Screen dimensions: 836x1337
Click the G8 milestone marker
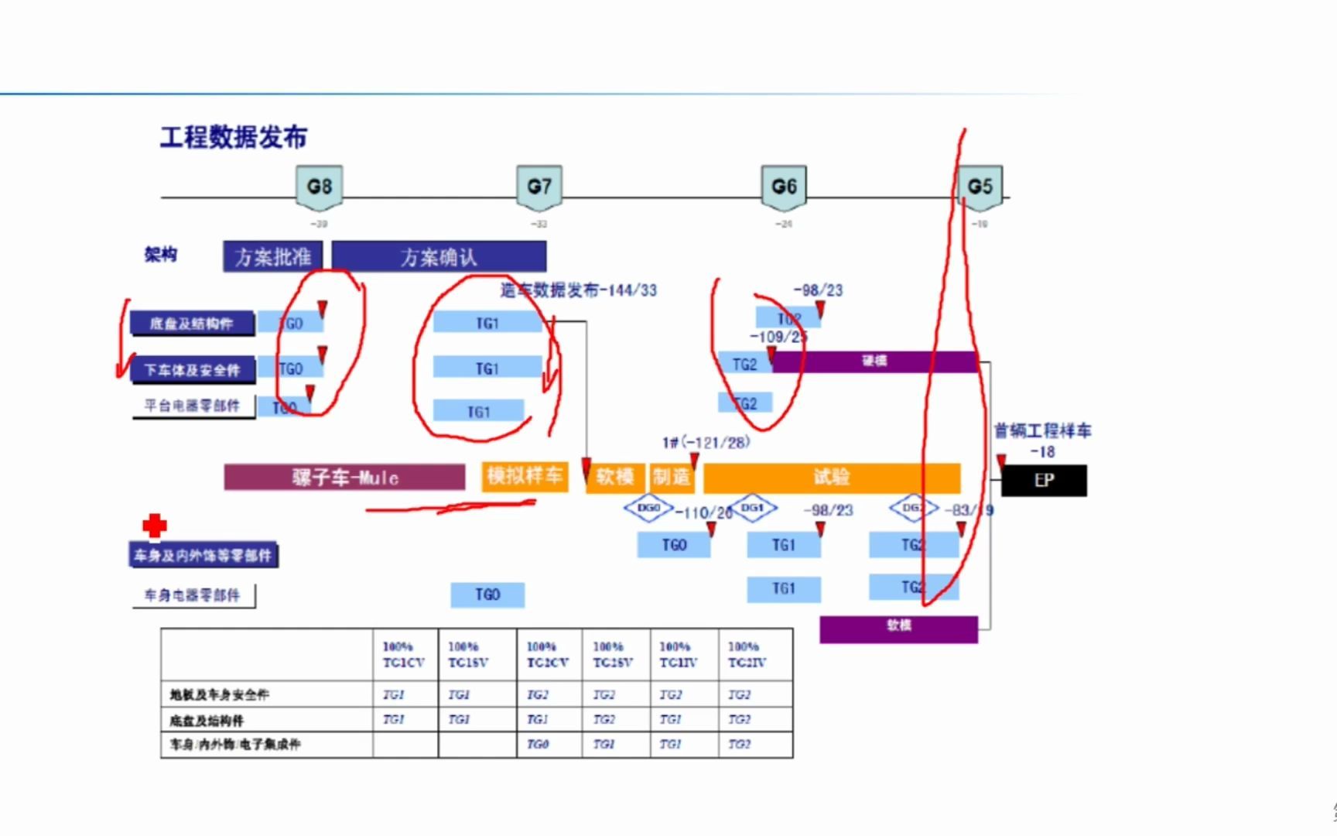319,187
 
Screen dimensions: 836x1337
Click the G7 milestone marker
539,187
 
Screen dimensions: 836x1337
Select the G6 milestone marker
784,187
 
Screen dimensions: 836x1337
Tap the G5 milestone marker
980,187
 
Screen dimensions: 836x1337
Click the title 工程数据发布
233,138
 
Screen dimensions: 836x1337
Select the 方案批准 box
272,257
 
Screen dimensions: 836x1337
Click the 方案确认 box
439,257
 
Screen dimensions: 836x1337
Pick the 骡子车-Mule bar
344,478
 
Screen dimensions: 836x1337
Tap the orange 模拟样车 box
525,476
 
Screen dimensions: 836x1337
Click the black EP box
1044,481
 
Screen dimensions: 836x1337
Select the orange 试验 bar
832,478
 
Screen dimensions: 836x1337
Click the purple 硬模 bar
874,361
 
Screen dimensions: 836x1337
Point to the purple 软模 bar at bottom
898,628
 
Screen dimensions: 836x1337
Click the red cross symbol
155,526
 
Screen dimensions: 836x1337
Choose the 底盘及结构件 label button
191,324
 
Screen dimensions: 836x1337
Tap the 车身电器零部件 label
193,595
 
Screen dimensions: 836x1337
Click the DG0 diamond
648,509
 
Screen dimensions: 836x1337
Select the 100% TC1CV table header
403,655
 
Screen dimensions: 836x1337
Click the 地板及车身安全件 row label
220,695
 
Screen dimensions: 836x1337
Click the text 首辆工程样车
1042,431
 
